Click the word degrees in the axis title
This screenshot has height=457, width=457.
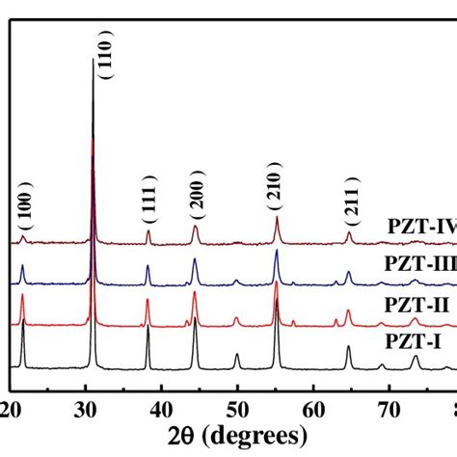(262, 431)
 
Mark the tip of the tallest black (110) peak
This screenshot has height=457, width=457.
(94, 60)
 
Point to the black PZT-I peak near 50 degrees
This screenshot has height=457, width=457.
(237, 355)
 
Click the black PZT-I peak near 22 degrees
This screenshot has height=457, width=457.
(22, 331)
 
